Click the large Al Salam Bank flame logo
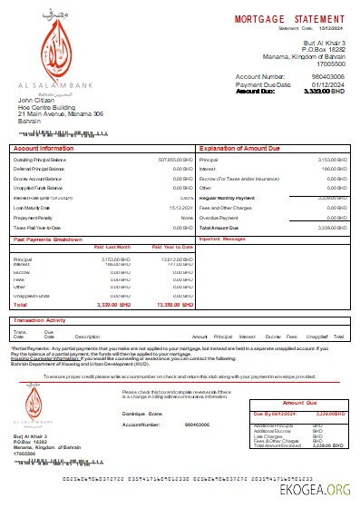53,49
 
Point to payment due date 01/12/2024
325,85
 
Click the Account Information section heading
44,147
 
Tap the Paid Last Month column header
112,246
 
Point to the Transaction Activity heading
40,320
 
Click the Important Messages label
222,239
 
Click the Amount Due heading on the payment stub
299,402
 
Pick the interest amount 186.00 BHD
334,168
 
